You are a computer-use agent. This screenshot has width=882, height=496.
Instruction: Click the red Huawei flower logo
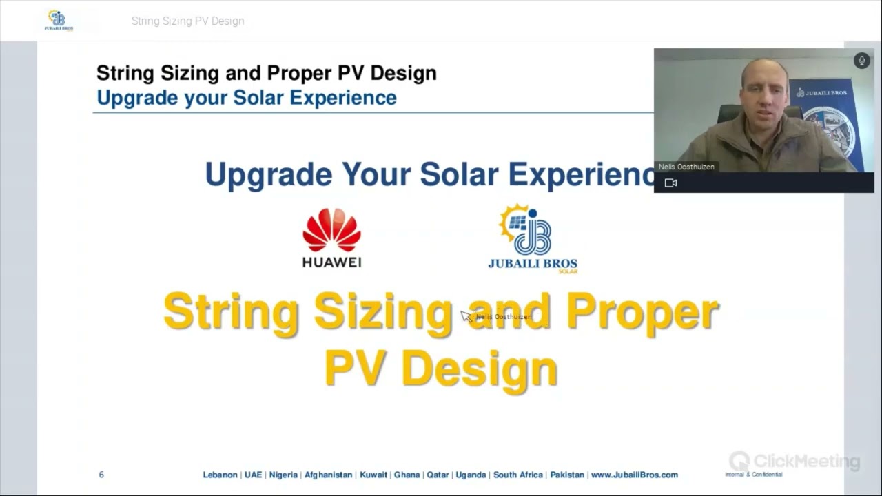[x=331, y=231]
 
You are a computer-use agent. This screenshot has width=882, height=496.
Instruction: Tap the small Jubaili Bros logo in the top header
[x=59, y=21]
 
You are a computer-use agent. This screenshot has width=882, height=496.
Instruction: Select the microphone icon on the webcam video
[x=861, y=61]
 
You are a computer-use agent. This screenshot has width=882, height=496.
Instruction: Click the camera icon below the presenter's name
[x=670, y=183]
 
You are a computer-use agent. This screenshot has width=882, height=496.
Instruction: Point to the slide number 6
[x=101, y=475]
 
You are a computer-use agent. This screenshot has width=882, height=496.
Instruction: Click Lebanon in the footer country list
[x=220, y=475]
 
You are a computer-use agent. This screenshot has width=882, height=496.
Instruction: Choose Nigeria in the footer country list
[x=283, y=475]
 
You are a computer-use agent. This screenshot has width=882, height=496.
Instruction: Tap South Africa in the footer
[x=518, y=475]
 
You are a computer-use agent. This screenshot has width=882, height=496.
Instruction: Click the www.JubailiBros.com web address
[x=634, y=475]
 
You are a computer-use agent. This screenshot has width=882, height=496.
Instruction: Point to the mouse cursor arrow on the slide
[x=466, y=315]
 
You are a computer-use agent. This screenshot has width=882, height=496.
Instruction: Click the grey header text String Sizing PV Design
[x=187, y=21]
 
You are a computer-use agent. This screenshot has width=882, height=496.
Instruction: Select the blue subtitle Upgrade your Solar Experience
[x=246, y=98]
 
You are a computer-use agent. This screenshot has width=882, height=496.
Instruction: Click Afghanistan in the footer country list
[x=328, y=475]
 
